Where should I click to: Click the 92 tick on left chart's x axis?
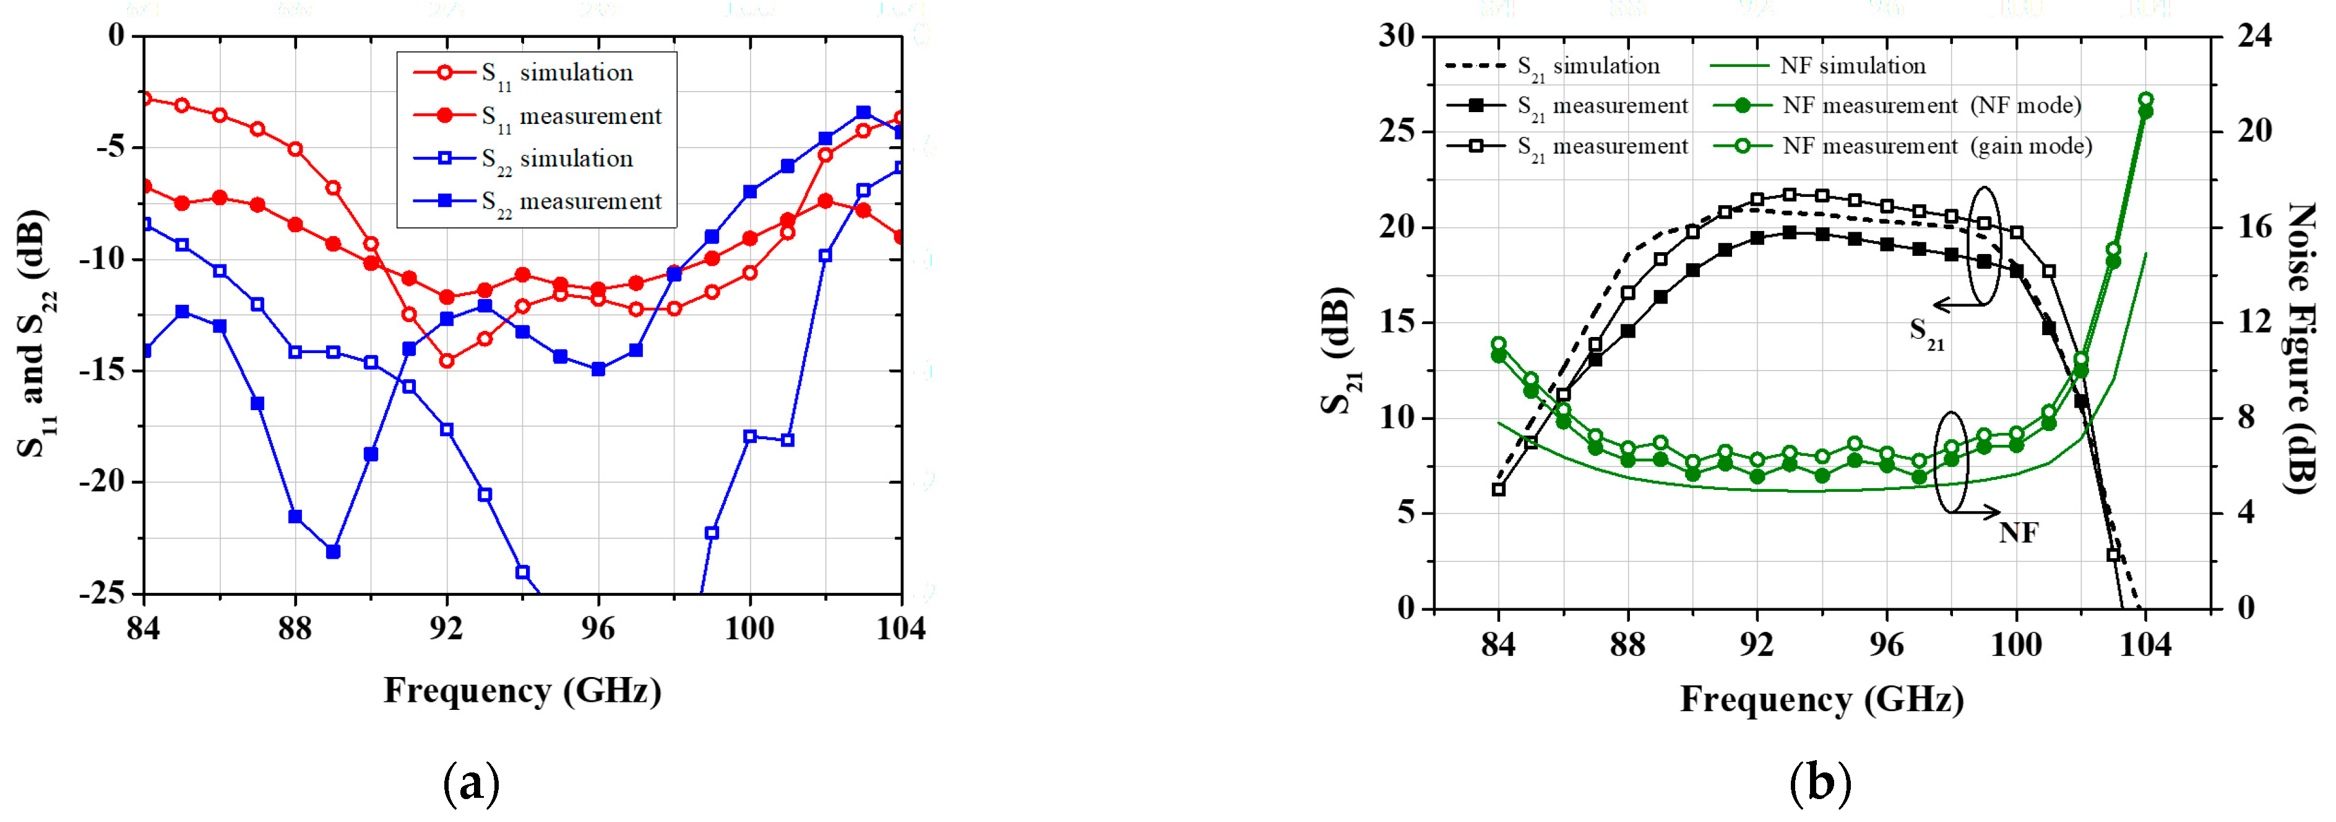(x=446, y=628)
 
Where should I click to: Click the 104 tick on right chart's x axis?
(x=2145, y=645)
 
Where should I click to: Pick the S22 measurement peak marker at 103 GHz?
(x=863, y=113)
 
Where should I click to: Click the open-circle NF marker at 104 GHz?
(x=2145, y=100)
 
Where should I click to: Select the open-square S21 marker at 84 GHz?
(x=1498, y=489)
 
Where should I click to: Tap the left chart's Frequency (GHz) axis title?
(x=522, y=691)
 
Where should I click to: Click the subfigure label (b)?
(x=1820, y=782)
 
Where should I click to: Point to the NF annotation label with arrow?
(x=2018, y=533)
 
